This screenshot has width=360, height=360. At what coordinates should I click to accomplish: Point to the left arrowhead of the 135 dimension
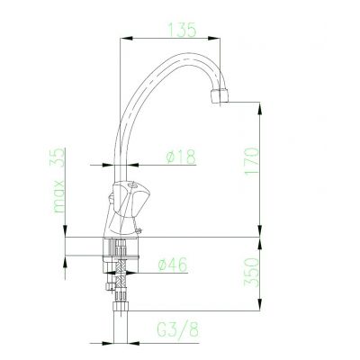tap(125, 38)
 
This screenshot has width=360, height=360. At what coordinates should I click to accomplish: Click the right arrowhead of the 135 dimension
tap(221, 38)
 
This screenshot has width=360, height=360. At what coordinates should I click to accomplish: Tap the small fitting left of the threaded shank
tap(107, 288)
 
